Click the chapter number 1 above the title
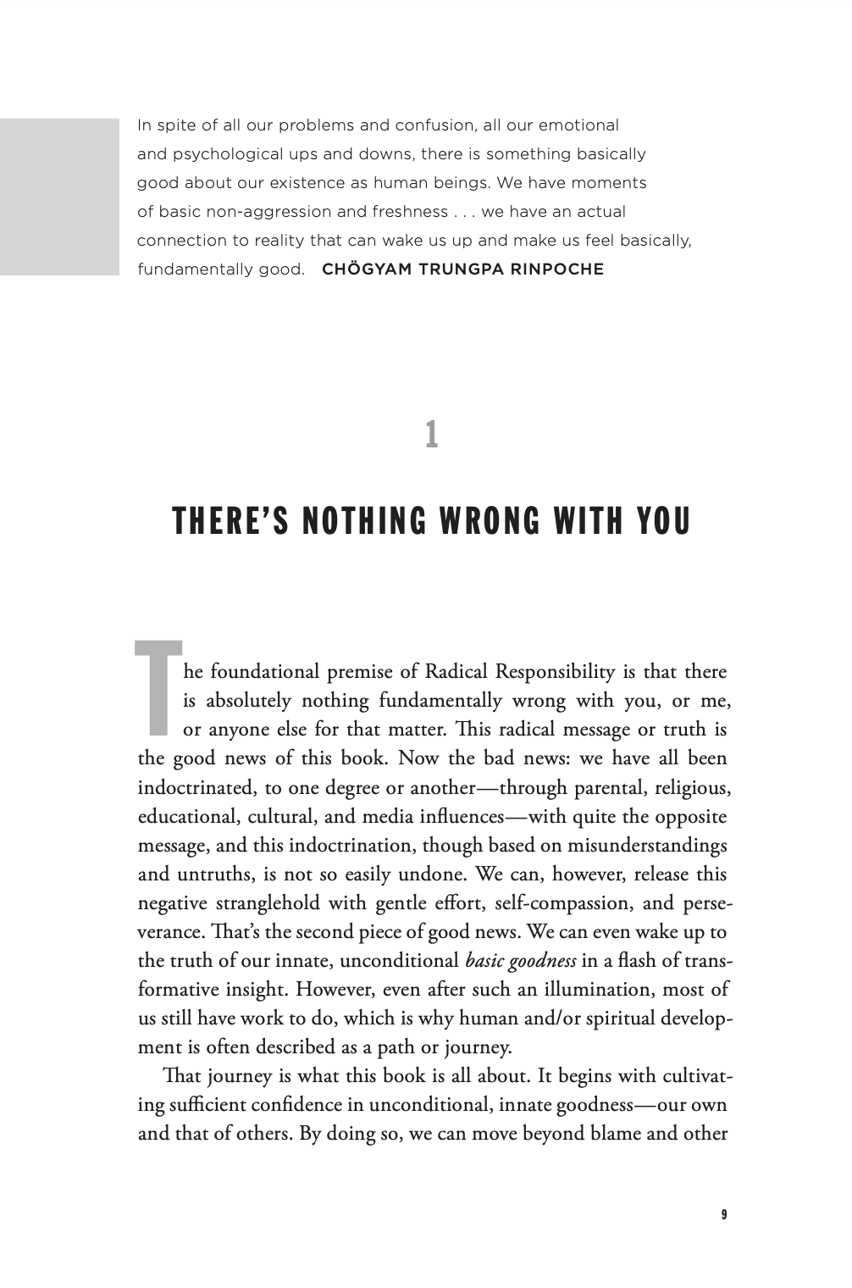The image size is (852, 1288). click(431, 435)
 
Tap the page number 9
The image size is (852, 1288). click(723, 1214)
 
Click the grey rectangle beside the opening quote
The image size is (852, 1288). click(59, 197)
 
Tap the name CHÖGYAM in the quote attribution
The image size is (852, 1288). click(362, 269)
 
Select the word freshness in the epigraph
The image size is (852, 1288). click(410, 212)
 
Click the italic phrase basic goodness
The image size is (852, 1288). click(521, 961)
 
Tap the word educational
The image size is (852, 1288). click(188, 817)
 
